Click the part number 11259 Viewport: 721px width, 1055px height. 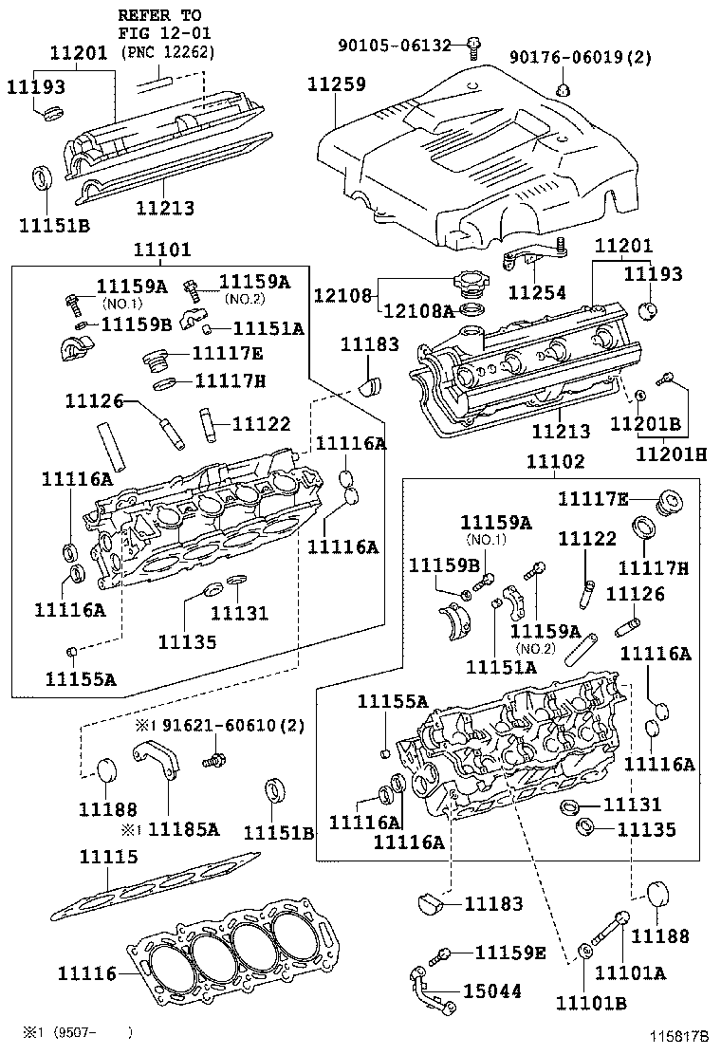pyautogui.click(x=336, y=84)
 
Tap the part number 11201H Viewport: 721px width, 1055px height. pyautogui.click(x=672, y=454)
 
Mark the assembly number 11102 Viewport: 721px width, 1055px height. pyautogui.click(x=556, y=462)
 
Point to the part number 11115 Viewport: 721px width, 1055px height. pyautogui.click(x=107, y=857)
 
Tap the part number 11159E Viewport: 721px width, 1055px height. pyautogui.click(x=510, y=952)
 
